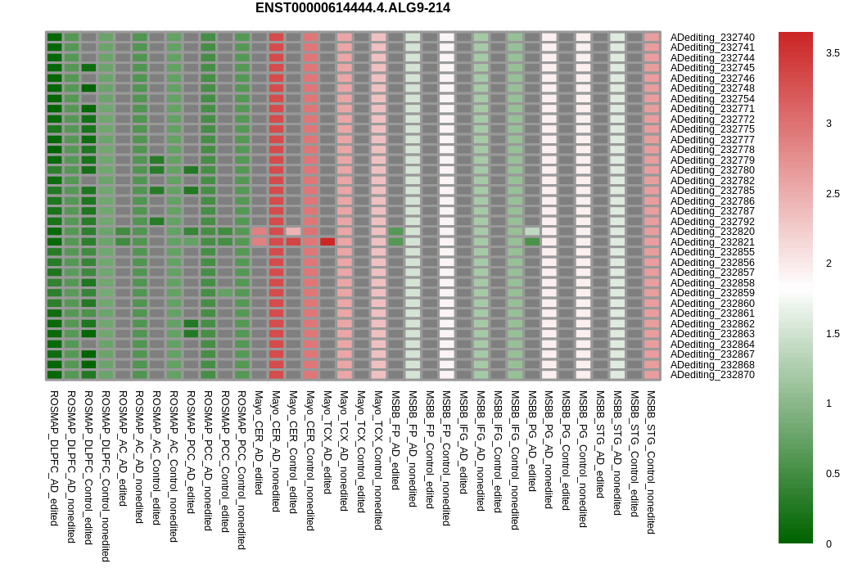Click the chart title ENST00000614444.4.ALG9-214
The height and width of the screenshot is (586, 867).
352,8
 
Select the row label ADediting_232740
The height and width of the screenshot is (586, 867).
712,38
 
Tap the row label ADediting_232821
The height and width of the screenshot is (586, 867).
712,242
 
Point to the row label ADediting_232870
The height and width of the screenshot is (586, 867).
712,375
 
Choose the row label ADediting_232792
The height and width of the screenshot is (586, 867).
712,222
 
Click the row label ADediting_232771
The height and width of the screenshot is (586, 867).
712,109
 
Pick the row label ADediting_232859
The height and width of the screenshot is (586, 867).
712,293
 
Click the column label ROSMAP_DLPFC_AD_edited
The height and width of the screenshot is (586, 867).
54,458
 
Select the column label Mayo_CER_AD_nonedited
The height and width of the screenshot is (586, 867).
276,451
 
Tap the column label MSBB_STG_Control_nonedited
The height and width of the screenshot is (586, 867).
652,462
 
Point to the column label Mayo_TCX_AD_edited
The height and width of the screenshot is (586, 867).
327,441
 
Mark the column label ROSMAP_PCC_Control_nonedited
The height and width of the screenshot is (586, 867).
242,470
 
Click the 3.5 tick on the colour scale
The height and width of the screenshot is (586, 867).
833,53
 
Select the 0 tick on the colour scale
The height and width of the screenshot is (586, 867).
829,544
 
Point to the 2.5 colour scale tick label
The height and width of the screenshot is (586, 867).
833,194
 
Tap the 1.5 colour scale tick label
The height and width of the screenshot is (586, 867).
833,334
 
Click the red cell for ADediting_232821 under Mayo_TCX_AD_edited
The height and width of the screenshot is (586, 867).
327,241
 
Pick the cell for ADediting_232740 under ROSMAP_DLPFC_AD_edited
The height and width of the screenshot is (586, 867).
54,37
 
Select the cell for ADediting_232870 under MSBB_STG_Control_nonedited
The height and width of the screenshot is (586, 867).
652,375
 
